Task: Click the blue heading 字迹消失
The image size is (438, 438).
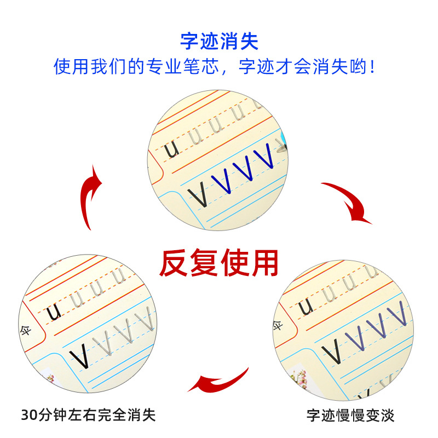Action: click(x=219, y=42)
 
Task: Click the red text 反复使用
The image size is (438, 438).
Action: click(x=219, y=263)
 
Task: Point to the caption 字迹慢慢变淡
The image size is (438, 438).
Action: click(x=350, y=414)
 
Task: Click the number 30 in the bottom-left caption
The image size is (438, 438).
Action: click(x=27, y=414)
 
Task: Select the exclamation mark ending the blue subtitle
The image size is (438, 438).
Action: click(x=373, y=67)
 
